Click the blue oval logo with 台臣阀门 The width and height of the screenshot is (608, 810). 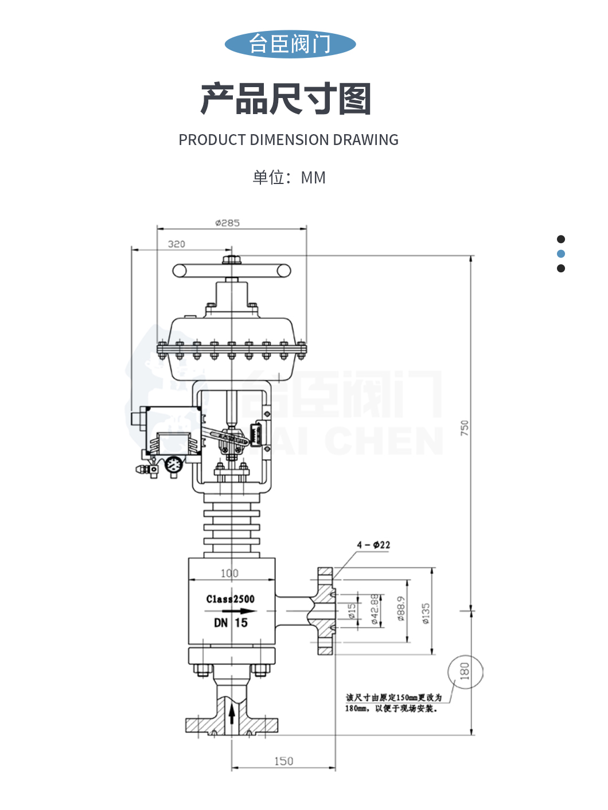[x=290, y=44]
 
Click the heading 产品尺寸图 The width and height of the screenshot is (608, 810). [x=286, y=99]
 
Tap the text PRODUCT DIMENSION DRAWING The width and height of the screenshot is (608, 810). [x=288, y=140]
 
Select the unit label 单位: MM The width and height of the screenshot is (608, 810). [x=289, y=178]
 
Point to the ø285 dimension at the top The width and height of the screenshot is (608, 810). [x=227, y=223]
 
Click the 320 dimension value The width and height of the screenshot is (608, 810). [x=176, y=244]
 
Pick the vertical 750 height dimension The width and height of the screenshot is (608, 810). [x=465, y=428]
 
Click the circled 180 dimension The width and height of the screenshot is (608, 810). [x=465, y=671]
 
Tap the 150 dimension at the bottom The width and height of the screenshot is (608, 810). [x=283, y=761]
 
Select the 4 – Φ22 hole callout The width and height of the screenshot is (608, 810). [x=373, y=545]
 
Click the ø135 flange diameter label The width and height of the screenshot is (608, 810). [x=426, y=613]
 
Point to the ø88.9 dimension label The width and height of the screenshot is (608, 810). [x=401, y=609]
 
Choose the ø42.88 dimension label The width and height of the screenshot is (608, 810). [x=375, y=609]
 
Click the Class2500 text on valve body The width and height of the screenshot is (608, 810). [x=230, y=599]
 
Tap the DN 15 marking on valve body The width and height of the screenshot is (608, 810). [x=231, y=623]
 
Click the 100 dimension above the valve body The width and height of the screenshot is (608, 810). [x=229, y=573]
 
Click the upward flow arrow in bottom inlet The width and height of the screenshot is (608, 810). [x=232, y=715]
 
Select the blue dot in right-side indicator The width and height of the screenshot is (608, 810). [x=561, y=254]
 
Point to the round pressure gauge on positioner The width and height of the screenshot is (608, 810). [x=173, y=465]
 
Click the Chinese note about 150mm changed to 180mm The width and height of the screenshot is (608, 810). [x=393, y=703]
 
